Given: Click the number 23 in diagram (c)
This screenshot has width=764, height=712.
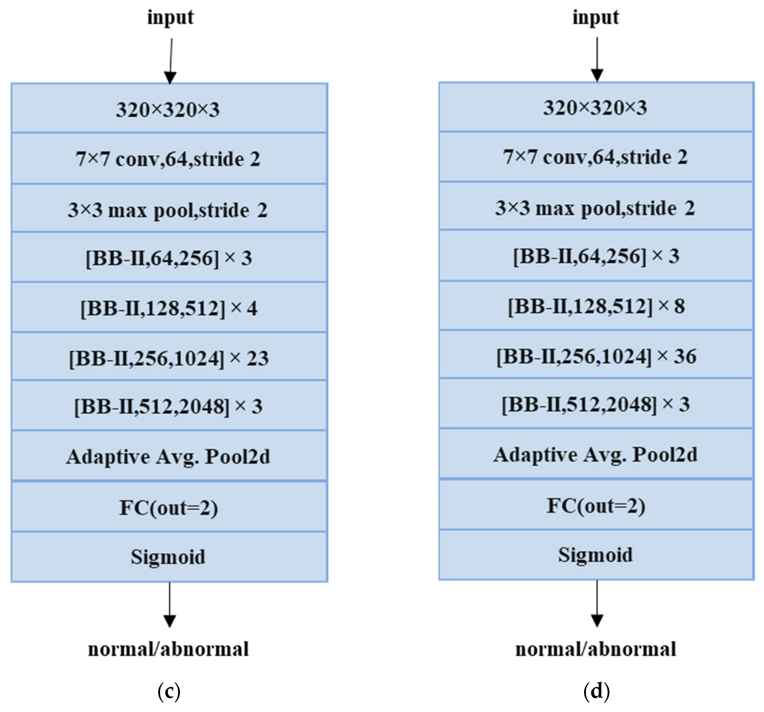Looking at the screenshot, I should point(257,358).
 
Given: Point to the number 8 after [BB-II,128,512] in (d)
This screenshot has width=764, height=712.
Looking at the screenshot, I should point(679,306).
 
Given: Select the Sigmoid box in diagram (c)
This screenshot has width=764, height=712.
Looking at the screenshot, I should point(169,557).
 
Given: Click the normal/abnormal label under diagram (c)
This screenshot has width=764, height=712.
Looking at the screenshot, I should point(168,649).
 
